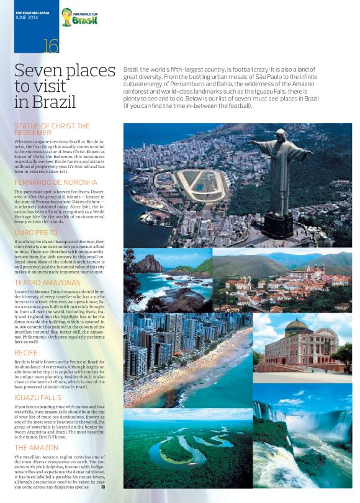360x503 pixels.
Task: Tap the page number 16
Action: pos(51,46)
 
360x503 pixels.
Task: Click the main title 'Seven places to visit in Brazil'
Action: pos(65,86)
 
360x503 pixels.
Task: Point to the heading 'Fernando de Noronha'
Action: pos(56,182)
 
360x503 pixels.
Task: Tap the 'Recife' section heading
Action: pos(27,352)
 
